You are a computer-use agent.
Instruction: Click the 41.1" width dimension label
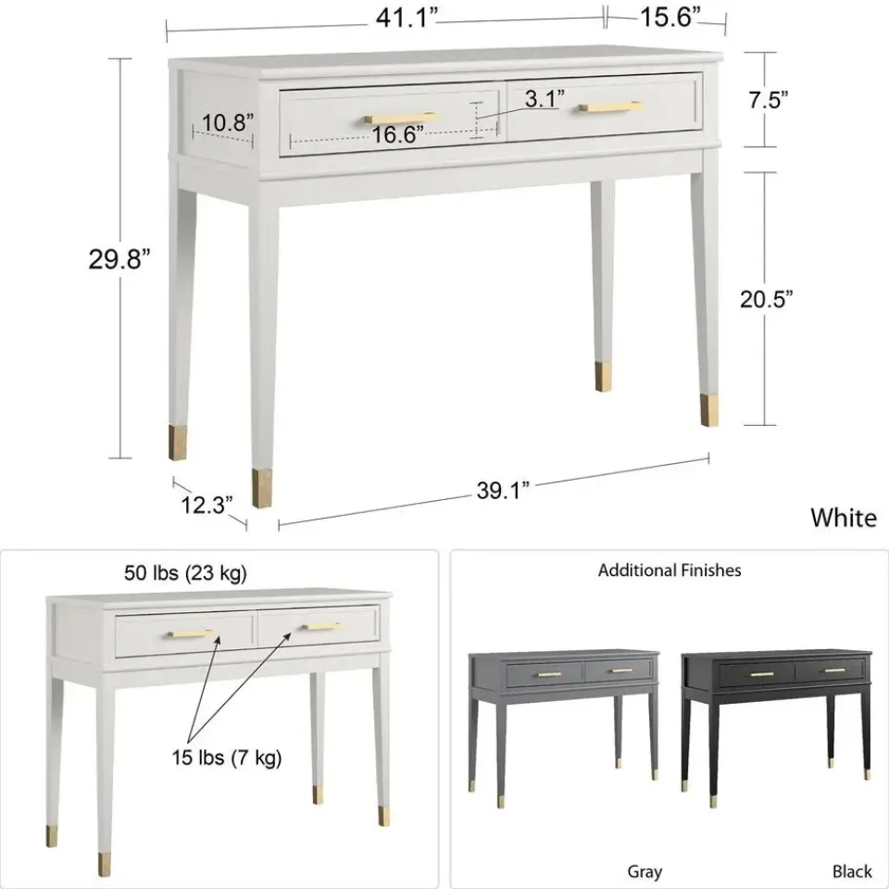pos(407,19)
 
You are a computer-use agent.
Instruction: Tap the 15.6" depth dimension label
pos(670,17)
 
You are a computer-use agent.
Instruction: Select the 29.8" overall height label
pos(119,259)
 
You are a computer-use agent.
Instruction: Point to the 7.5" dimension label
pos(768,100)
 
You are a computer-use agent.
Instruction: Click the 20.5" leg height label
pos(766,299)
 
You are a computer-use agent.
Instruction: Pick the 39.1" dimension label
pos(503,491)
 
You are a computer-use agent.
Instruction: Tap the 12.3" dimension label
pos(207,505)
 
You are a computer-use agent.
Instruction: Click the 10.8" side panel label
pos(228,122)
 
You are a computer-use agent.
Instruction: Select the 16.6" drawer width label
pos(397,134)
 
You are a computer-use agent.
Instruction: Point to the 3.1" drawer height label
pos(545,99)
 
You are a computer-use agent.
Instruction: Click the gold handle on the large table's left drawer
pos(401,118)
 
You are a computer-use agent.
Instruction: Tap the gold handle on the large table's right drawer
pos(610,106)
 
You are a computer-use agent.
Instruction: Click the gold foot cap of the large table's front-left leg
pos(262,488)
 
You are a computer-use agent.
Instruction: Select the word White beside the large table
pos(843,518)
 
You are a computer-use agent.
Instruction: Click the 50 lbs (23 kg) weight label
pos(185,572)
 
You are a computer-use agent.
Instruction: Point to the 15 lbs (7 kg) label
pos(227,758)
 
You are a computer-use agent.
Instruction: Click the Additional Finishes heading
pos(669,570)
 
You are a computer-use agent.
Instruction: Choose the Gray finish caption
pos(645,871)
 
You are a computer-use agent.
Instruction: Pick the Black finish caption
pos(852,871)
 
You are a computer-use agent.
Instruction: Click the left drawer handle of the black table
pos(761,675)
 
